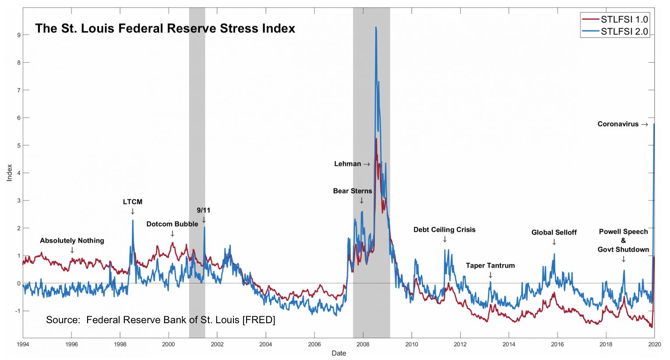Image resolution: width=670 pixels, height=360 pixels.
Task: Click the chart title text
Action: [x=165, y=28]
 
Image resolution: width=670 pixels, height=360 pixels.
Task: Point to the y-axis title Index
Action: [x=9, y=173]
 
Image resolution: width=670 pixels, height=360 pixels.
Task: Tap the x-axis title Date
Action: [x=339, y=353]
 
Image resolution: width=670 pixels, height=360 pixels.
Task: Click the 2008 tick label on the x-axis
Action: [x=363, y=344]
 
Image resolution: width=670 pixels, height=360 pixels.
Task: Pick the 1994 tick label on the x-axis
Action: [x=23, y=344]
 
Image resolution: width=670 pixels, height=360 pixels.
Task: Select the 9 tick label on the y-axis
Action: [x=19, y=35]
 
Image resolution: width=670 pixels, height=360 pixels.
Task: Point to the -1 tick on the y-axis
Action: [x=18, y=311]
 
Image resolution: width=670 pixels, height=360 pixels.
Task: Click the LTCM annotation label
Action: [x=132, y=202]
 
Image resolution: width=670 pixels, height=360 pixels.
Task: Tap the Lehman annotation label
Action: [x=348, y=164]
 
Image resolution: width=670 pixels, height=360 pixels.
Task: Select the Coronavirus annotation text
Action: [x=618, y=124]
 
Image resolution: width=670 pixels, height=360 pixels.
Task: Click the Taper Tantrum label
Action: [x=490, y=265]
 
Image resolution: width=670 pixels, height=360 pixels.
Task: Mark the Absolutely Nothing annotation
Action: [x=72, y=240]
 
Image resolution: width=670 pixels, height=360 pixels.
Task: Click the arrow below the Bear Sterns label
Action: [x=362, y=201]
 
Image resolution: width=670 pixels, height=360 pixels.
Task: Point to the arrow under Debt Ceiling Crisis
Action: [x=445, y=239]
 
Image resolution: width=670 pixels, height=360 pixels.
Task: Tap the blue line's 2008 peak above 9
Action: [x=376, y=28]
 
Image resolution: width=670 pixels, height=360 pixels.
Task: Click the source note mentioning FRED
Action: [x=160, y=320]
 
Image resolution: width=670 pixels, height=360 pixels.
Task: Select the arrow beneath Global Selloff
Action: [x=554, y=242]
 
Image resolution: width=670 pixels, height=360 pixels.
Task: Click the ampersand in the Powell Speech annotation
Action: [x=623, y=240]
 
